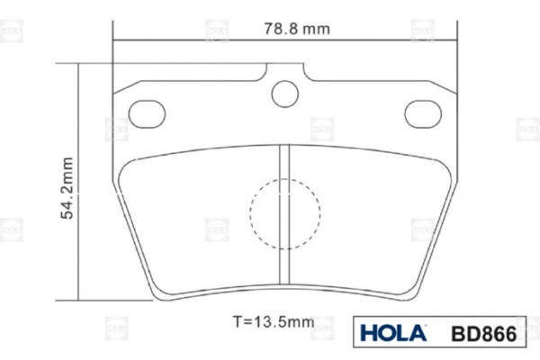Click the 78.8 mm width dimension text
coord(297,29)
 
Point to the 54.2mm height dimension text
coord(67,188)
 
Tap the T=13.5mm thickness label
coord(274,322)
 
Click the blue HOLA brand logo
coord(393,333)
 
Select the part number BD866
coord(484,334)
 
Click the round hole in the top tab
coord(284,94)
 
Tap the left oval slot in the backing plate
coord(147,114)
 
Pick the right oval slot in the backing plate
coord(423,114)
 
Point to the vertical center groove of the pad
coord(284,214)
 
